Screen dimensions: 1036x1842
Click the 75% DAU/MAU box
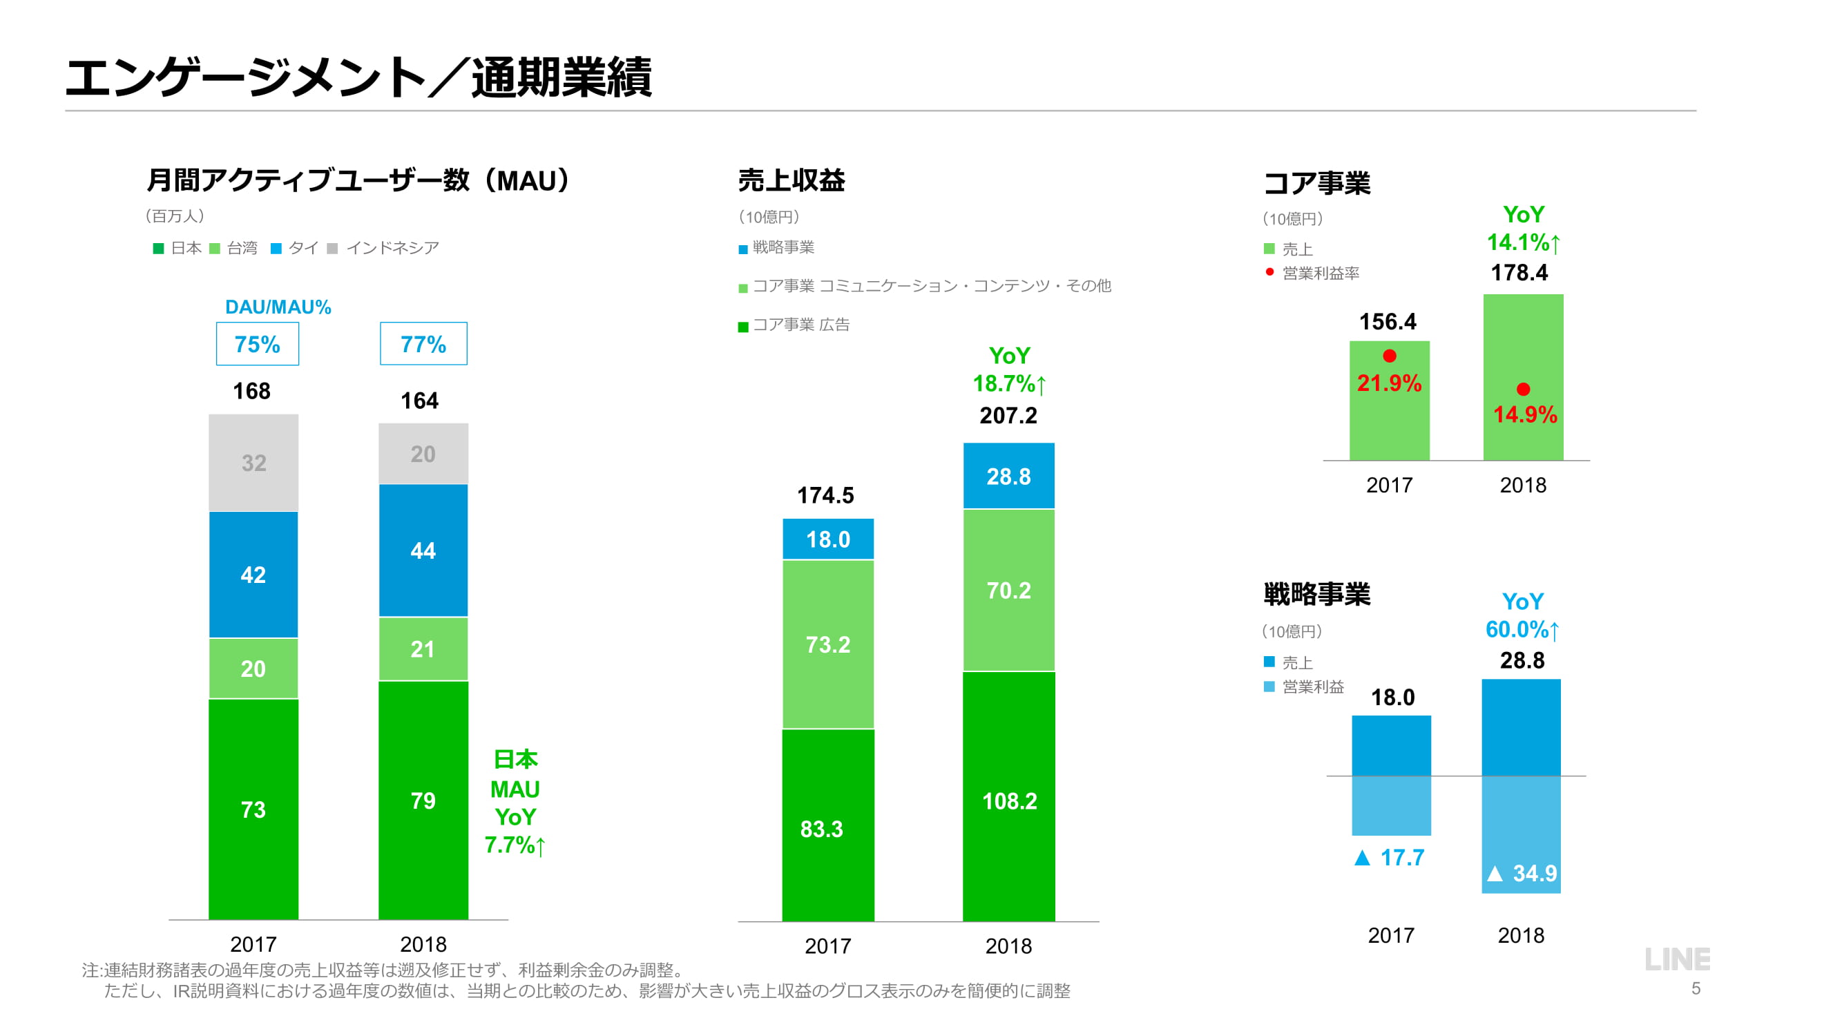(x=258, y=344)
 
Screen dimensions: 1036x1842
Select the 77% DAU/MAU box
(x=423, y=344)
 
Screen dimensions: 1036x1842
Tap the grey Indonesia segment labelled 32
(x=254, y=463)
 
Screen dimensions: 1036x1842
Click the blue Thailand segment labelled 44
(x=423, y=550)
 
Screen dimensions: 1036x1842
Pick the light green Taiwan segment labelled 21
(x=423, y=649)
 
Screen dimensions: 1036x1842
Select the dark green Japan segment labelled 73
(x=253, y=809)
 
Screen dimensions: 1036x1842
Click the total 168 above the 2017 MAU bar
(x=251, y=391)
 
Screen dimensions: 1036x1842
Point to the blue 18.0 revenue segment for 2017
(x=828, y=539)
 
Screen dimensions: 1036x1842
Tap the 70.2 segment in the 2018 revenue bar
(x=1008, y=590)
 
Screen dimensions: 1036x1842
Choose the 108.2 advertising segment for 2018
(x=1009, y=800)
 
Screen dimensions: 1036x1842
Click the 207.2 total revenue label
(x=1008, y=415)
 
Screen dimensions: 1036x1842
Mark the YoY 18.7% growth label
(x=1009, y=370)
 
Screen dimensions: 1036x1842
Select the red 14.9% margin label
(x=1524, y=414)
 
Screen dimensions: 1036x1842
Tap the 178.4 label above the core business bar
(x=1519, y=272)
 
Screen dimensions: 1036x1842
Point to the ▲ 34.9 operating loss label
(x=1522, y=873)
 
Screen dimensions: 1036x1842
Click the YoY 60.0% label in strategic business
(x=1522, y=615)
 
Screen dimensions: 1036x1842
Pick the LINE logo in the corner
(x=1677, y=959)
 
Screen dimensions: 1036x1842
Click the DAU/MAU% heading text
(x=278, y=307)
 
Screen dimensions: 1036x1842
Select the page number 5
(x=1696, y=989)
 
